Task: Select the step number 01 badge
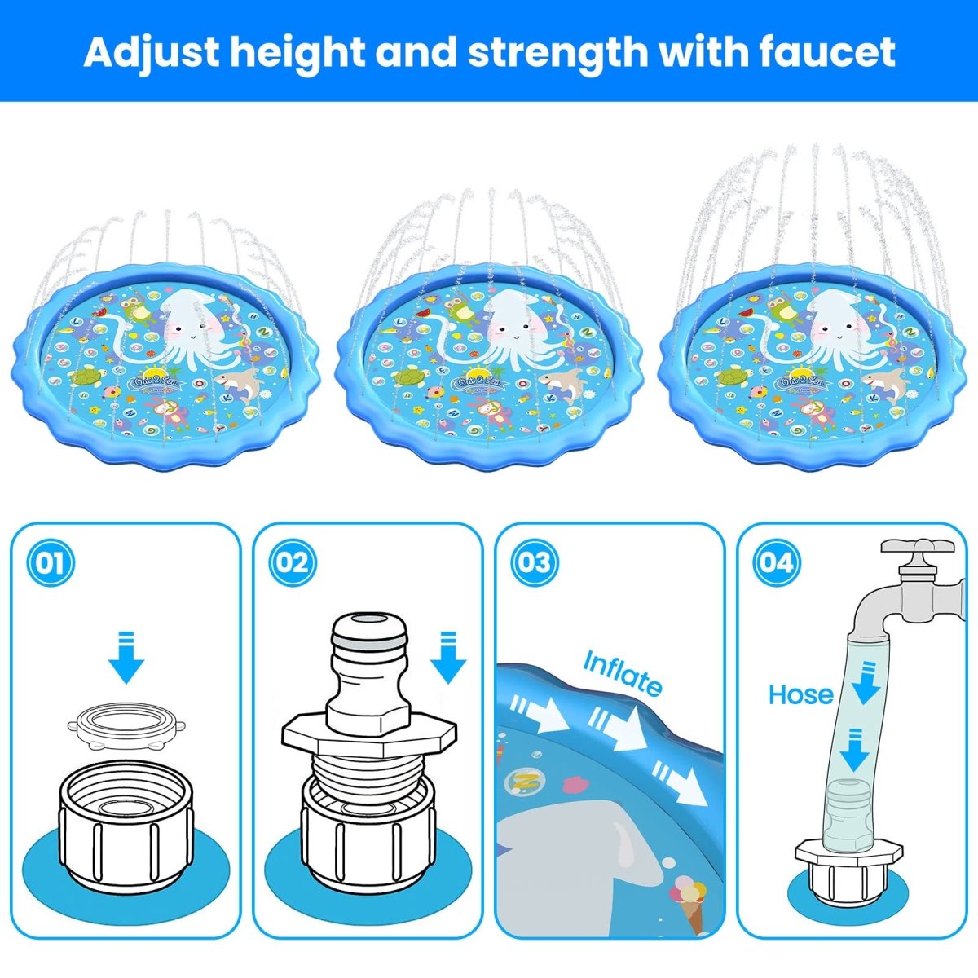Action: (x=51, y=562)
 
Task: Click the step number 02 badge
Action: (x=292, y=562)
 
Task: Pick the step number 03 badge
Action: (x=534, y=562)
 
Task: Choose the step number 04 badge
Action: (x=776, y=562)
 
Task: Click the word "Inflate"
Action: (x=623, y=673)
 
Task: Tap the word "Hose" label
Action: (x=800, y=694)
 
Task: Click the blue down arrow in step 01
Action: (x=126, y=656)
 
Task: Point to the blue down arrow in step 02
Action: (x=447, y=656)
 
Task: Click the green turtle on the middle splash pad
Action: (x=411, y=377)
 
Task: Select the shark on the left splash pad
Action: (x=237, y=381)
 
